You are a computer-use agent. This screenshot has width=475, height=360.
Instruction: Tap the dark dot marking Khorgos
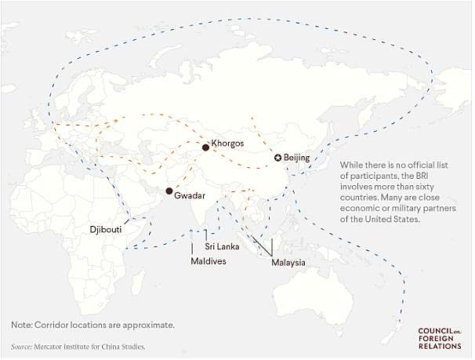(205, 147)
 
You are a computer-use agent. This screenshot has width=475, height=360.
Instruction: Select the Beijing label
(297, 158)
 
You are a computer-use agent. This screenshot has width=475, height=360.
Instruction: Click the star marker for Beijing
(277, 158)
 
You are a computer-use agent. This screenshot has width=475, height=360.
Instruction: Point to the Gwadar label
(190, 193)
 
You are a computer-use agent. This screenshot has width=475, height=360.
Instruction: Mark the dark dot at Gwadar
(169, 191)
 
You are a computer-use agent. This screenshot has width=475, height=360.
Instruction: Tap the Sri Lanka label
(222, 246)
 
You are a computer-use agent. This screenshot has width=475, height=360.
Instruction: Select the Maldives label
(208, 261)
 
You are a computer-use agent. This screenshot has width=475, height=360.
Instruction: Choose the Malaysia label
(288, 263)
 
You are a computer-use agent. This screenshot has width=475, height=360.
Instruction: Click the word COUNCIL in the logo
(437, 330)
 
